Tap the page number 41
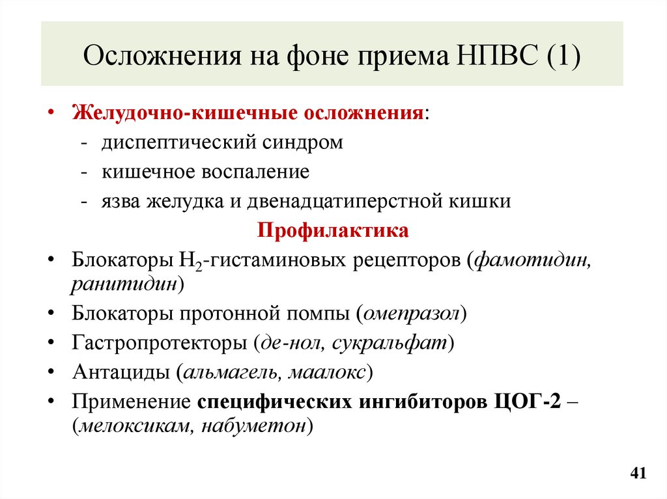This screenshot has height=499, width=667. [638, 472]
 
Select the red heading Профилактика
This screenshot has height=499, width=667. [333, 231]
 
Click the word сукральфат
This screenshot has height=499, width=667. [389, 343]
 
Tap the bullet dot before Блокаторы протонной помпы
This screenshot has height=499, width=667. [52, 314]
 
